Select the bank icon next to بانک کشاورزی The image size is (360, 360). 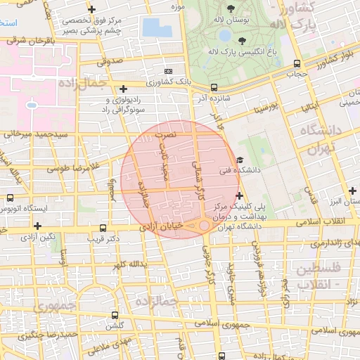pos(168,71)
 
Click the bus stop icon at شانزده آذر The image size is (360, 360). pos(214,87)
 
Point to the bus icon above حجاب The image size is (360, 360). pos(297,64)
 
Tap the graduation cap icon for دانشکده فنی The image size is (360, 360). pos(240,160)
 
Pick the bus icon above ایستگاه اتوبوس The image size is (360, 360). pos(11,198)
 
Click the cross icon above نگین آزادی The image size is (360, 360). pos(37,226)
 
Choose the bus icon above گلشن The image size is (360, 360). pos(115,315)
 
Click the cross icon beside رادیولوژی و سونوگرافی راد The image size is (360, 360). pos(124,89)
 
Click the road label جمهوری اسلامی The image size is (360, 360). pos(231,324)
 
